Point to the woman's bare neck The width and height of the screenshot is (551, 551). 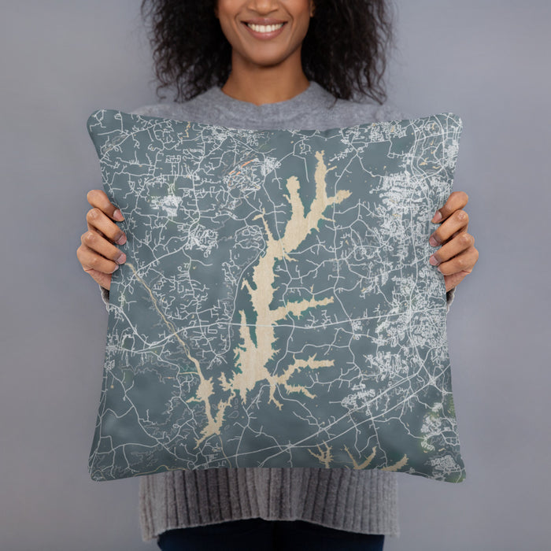[x=266, y=79]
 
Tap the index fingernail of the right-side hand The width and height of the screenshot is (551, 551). [x=436, y=216]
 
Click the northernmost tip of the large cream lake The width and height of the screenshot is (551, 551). [x=320, y=155]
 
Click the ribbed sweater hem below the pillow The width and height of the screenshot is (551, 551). [x=268, y=504]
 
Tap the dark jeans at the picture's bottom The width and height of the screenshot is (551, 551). [x=268, y=542]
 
